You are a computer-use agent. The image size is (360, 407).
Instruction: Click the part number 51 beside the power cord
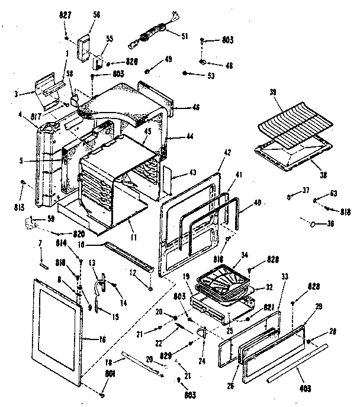(x=184, y=36)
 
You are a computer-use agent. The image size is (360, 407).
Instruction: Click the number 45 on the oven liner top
(x=147, y=132)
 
